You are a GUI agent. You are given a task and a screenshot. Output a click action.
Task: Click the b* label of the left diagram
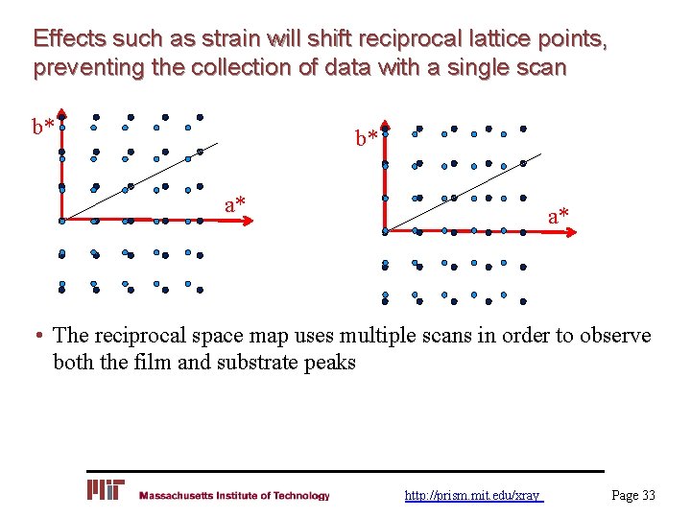[42, 127]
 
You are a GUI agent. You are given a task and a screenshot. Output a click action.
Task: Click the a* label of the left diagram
[235, 203]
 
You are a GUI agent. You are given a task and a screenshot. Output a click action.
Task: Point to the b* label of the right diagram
[367, 139]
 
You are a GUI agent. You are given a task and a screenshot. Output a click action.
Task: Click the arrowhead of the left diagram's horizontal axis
[246, 221]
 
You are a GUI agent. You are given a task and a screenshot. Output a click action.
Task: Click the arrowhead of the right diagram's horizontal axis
[568, 231]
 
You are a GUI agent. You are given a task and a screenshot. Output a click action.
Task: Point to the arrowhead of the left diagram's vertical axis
[60, 111]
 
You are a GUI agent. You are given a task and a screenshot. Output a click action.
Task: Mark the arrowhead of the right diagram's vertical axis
[384, 125]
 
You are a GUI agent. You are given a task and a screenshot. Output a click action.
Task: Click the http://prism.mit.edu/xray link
[473, 496]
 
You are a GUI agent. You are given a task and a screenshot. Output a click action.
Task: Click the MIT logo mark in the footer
[106, 490]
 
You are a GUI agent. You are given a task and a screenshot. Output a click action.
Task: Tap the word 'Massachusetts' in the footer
[179, 496]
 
